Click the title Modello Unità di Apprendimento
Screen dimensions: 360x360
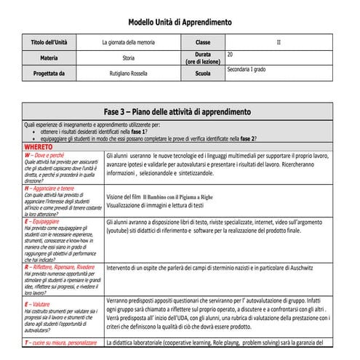tap(180, 23)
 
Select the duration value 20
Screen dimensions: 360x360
tap(230, 55)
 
